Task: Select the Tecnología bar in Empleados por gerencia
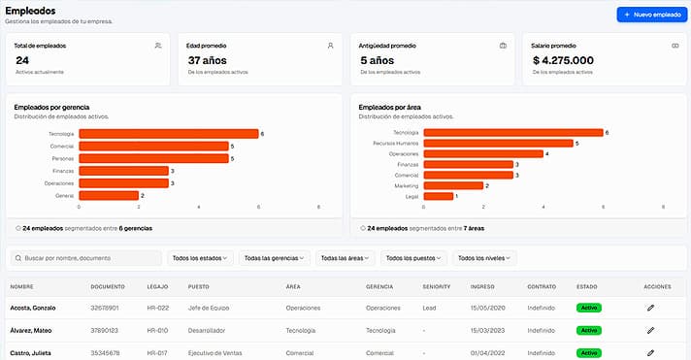pyautogui.click(x=168, y=133)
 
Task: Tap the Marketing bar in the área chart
pyautogui.click(x=452, y=185)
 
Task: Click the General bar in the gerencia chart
pyautogui.click(x=109, y=195)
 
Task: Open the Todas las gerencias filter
pyautogui.click(x=276, y=258)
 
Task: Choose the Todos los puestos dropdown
pyautogui.click(x=412, y=258)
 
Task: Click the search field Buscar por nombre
pyautogui.click(x=86, y=258)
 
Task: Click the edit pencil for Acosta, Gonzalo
pyautogui.click(x=650, y=307)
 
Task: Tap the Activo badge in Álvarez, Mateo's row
pyautogui.click(x=588, y=330)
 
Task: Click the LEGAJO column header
pyautogui.click(x=156, y=287)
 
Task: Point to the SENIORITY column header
pyautogui.click(x=437, y=287)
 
